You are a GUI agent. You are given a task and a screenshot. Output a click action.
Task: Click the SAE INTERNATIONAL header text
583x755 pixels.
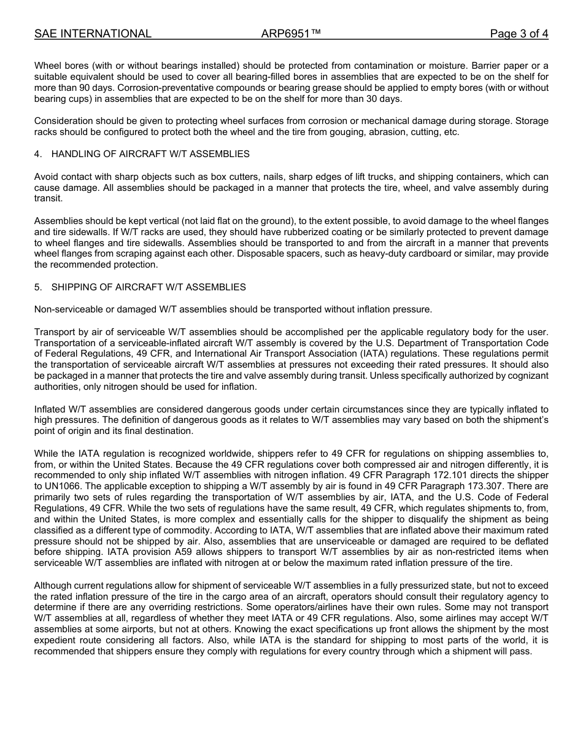point(93,34)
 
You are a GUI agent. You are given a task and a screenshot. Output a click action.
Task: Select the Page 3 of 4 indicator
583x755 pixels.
point(519,34)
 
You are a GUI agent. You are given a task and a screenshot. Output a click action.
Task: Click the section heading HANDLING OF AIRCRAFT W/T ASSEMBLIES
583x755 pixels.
point(150,154)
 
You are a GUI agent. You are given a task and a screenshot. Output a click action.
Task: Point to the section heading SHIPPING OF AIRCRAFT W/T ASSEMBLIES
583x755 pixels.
point(149,287)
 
